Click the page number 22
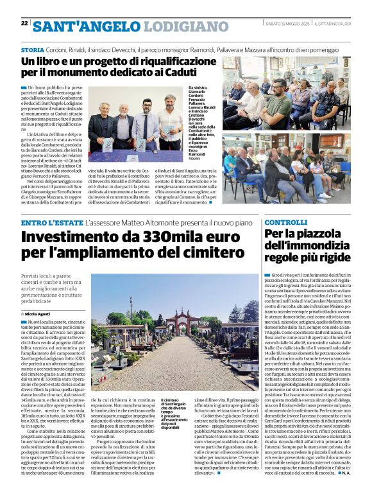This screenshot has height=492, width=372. click(x=24, y=24)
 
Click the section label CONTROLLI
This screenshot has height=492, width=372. click(x=286, y=222)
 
